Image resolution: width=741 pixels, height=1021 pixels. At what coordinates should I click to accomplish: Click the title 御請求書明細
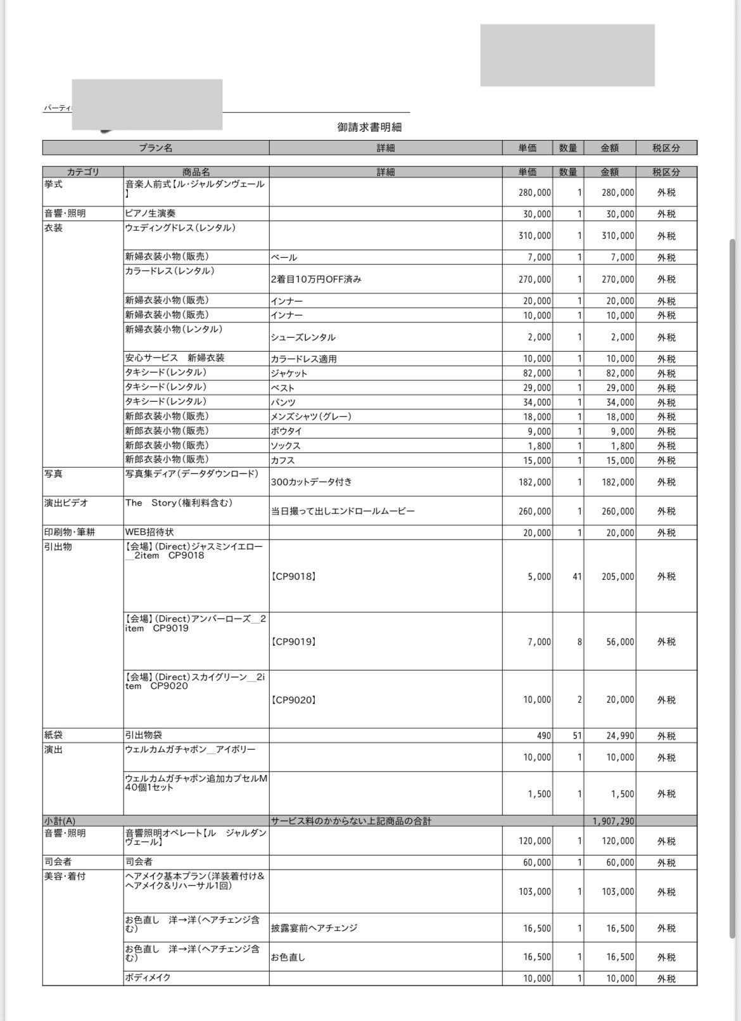point(369,127)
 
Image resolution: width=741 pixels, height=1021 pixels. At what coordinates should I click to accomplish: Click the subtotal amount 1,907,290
point(612,821)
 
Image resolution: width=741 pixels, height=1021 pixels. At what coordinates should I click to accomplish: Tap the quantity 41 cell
point(576,577)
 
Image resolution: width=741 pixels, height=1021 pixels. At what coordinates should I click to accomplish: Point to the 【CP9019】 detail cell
point(293,641)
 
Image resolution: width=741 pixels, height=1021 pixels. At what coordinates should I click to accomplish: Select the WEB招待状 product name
point(149,532)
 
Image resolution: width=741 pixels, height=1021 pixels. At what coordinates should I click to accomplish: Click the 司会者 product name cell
point(139,862)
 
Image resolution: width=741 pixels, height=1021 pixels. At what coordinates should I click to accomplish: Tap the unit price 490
point(543,736)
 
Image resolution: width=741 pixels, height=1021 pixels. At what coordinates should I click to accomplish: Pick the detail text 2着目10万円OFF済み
point(316,279)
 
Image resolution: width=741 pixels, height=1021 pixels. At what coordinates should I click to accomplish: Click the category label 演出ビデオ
point(66,503)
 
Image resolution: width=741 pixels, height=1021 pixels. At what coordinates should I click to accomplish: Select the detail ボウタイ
point(286,431)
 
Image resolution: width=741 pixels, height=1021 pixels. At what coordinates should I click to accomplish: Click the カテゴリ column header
point(83,172)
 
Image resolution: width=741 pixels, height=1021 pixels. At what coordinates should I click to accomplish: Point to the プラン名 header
point(156,148)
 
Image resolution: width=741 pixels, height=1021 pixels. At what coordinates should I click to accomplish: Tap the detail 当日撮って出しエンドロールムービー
point(343,511)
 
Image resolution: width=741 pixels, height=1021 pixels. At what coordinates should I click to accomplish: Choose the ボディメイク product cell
point(148,977)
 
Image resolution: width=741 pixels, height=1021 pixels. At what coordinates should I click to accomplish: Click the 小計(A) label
point(60,821)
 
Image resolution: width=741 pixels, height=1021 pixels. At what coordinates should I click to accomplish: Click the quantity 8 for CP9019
point(579,641)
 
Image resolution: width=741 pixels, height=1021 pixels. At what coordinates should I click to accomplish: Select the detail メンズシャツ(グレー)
point(310,416)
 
